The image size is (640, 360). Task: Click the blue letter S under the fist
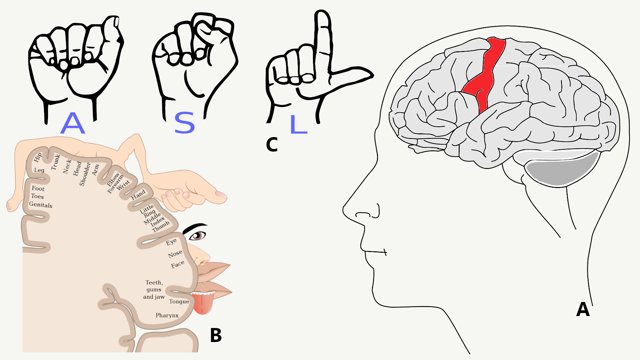pyautogui.click(x=184, y=123)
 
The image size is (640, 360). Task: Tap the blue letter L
pyautogui.click(x=298, y=124)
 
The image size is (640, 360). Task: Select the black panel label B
pyautogui.click(x=216, y=335)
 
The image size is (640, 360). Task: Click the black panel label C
pyautogui.click(x=272, y=145)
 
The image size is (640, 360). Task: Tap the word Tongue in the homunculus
pyautogui.click(x=179, y=302)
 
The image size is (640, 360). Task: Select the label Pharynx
pyautogui.click(x=167, y=315)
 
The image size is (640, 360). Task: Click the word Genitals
pyautogui.click(x=41, y=205)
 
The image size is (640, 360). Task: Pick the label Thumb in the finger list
pyautogui.click(x=161, y=227)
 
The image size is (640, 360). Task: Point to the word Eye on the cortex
pyautogui.click(x=171, y=242)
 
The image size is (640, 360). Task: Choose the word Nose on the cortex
pyautogui.click(x=175, y=254)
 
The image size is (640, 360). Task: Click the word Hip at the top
pyautogui.click(x=38, y=157)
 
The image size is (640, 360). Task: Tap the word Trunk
pyautogui.click(x=56, y=162)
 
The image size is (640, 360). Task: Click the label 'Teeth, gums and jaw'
pyautogui.click(x=154, y=290)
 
